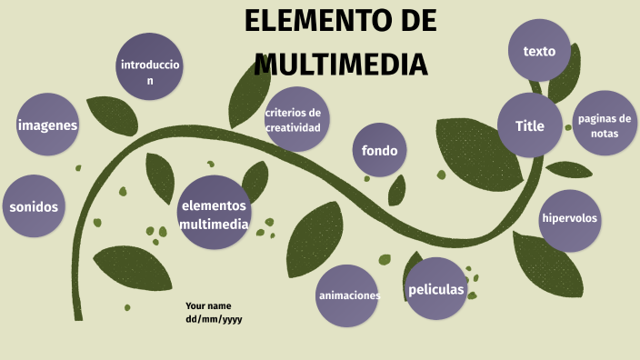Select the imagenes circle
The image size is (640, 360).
(47, 125)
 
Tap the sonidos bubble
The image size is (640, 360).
(34, 206)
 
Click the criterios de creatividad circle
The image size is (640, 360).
(293, 120)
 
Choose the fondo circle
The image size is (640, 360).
(379, 150)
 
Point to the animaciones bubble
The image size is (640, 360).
(348, 295)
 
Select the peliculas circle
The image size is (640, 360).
(436, 289)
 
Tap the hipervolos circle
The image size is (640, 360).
(571, 218)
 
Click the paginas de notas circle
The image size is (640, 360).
(605, 125)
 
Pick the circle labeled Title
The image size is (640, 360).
(530, 125)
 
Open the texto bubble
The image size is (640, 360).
(539, 51)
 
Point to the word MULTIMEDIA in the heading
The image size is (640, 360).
(341, 65)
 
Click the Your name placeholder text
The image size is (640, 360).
(208, 305)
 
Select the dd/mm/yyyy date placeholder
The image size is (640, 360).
(214, 319)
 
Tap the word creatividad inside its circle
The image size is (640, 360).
(293, 127)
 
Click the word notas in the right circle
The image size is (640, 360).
(605, 133)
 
